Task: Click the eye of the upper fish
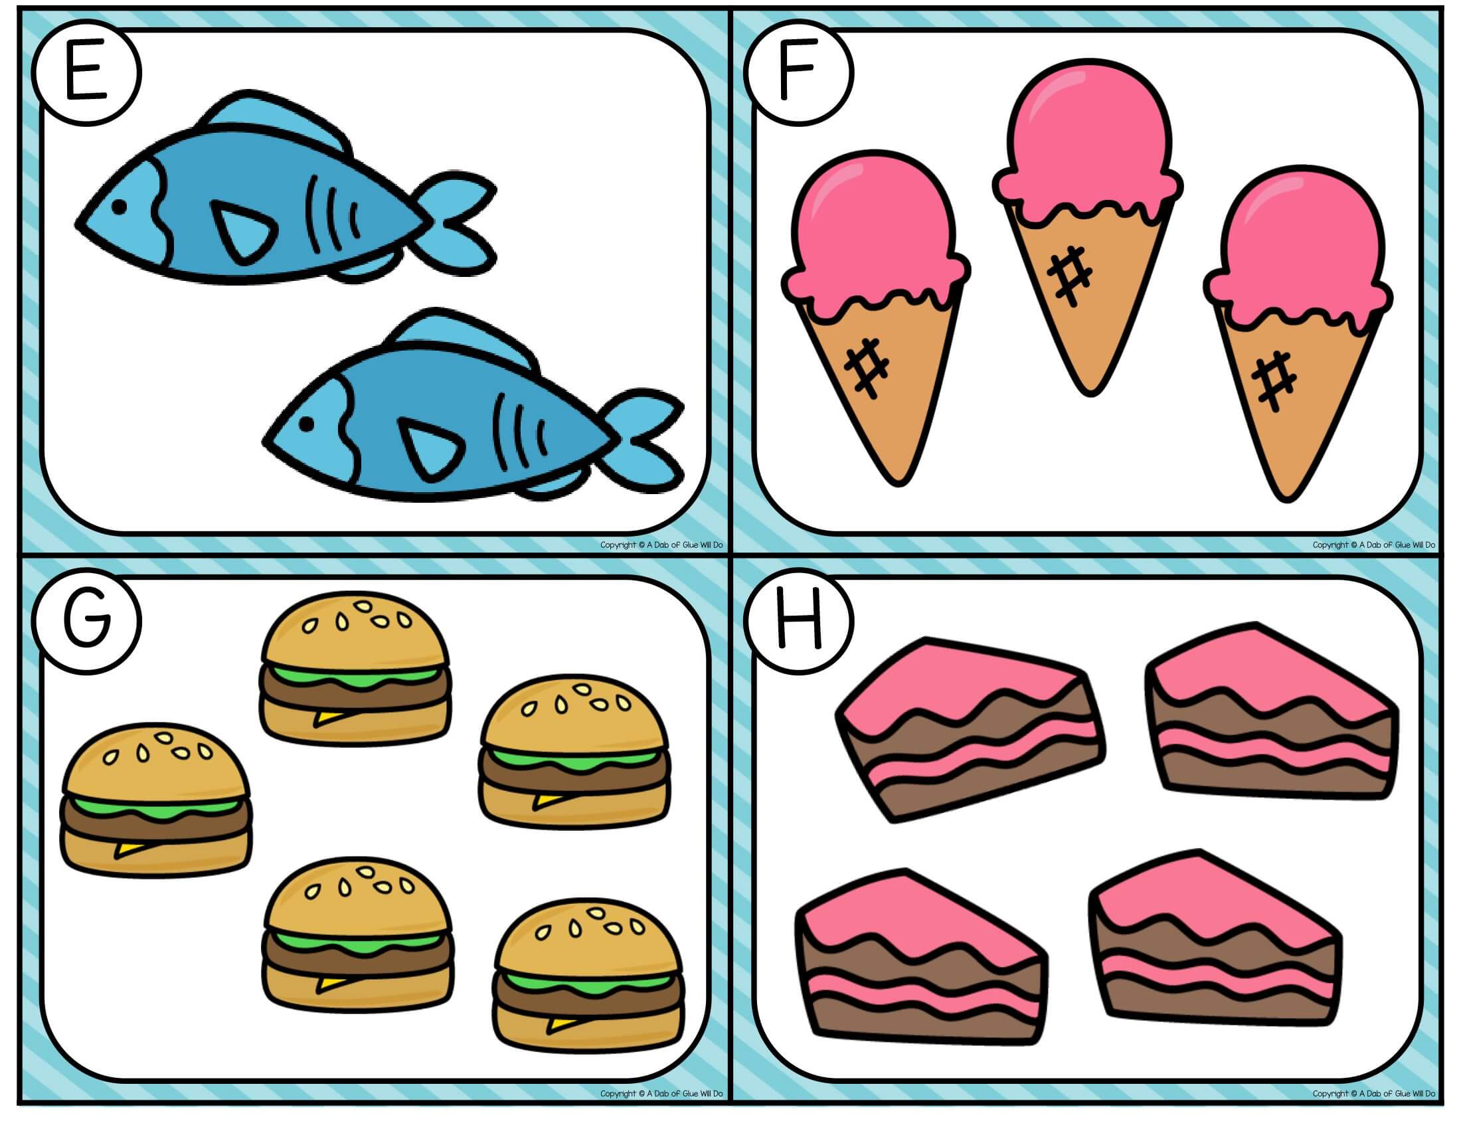[119, 207]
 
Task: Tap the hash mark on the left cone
[866, 367]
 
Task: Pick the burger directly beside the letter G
[355, 665]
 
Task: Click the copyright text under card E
[661, 545]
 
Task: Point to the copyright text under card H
[1373, 1094]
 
